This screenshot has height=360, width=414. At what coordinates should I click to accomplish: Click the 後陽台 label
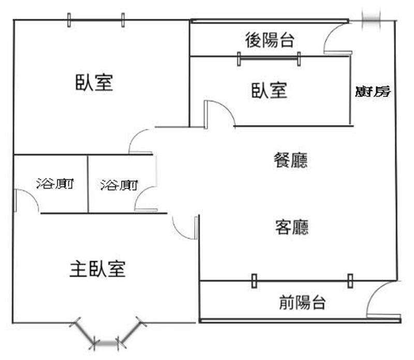click(x=270, y=40)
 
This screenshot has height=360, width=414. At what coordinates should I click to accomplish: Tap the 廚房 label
click(x=373, y=92)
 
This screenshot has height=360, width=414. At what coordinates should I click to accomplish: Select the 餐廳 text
click(x=291, y=160)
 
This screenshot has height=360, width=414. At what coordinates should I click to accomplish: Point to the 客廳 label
click(x=291, y=227)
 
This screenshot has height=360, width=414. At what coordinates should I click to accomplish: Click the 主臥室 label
click(x=97, y=268)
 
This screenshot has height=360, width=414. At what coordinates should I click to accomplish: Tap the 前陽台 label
click(x=302, y=302)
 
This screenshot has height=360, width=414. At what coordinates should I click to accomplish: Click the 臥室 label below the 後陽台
click(x=269, y=91)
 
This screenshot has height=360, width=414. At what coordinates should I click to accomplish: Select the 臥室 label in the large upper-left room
click(x=94, y=82)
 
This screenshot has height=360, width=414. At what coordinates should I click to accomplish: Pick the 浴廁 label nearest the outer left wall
click(x=55, y=184)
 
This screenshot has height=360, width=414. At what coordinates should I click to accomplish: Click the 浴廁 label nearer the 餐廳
click(x=119, y=185)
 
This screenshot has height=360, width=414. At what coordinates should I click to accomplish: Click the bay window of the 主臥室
click(x=108, y=333)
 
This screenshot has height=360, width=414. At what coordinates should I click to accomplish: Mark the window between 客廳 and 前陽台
click(x=302, y=281)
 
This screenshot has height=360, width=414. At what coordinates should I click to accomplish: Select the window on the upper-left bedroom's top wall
click(x=96, y=20)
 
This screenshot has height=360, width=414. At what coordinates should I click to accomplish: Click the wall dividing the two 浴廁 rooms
click(x=87, y=184)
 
